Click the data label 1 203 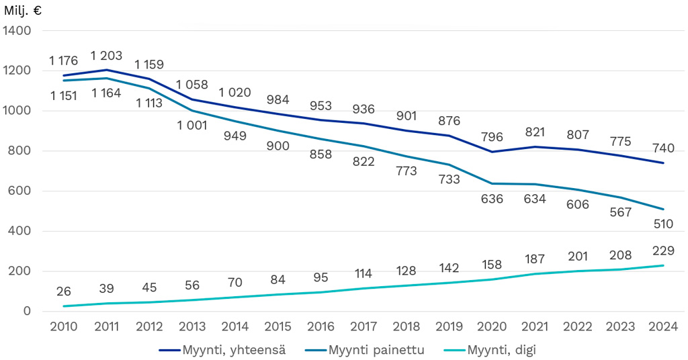coord(106,56)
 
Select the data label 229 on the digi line coord(662,251)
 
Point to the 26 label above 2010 coord(63,291)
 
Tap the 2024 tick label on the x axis coord(664,327)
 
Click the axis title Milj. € coord(23,10)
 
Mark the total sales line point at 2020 coord(493,152)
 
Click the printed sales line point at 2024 coord(664,209)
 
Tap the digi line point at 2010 coord(64,306)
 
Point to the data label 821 coord(536,132)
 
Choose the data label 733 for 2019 coord(450,180)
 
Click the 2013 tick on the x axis coord(192,327)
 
